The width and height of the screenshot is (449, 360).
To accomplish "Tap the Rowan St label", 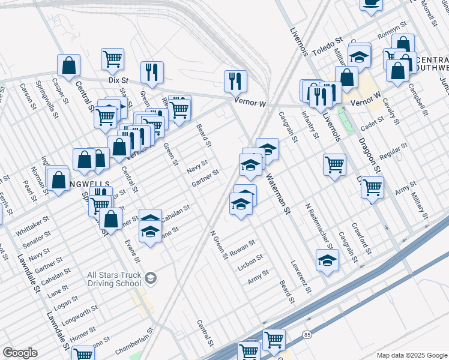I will pyautogui.click(x=243, y=246).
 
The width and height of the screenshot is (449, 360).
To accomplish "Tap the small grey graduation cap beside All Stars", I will pyautogui.click(x=150, y=278).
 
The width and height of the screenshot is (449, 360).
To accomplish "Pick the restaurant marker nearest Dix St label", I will pyautogui.click(x=152, y=72).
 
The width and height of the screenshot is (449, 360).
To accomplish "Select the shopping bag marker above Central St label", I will pyautogui.click(x=69, y=66).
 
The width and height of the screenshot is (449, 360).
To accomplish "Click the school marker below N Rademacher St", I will pyautogui.click(x=327, y=260).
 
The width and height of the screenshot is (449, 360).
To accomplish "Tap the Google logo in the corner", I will pyautogui.click(x=20, y=353).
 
